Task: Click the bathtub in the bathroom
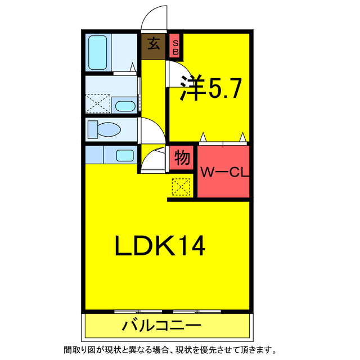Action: (97, 52)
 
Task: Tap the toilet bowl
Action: (105, 130)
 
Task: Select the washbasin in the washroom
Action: (125, 106)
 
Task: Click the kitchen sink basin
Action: (125, 155)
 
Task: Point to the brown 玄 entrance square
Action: (153, 46)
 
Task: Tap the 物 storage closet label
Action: (182, 157)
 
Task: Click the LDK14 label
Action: (160, 245)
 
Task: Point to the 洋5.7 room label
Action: (211, 88)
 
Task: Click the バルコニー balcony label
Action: (161, 326)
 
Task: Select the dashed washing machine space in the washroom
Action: (98, 103)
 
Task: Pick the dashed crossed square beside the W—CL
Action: (181, 187)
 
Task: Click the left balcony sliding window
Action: (138, 312)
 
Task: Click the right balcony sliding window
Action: (197, 312)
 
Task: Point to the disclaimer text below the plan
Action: (170, 350)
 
